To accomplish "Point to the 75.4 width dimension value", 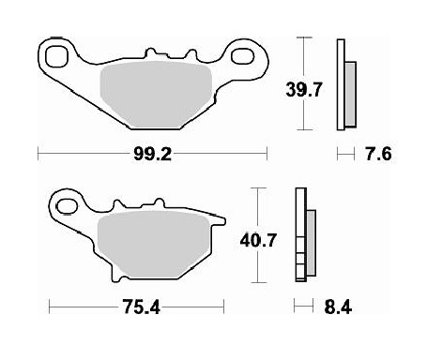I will coord(139,305).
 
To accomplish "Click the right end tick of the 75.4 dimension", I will coord(224,305).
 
